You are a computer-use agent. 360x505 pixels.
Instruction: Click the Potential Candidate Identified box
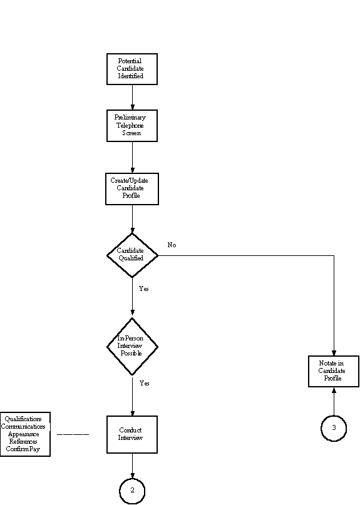tap(132, 69)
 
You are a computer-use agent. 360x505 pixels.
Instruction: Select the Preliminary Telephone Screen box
tap(132, 126)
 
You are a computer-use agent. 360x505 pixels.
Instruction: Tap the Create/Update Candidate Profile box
tap(132, 189)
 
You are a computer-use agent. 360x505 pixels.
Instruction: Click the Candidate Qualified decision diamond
tap(132, 255)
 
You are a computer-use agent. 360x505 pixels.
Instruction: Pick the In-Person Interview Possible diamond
tap(132, 346)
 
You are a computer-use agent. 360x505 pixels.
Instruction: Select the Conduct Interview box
tap(132, 434)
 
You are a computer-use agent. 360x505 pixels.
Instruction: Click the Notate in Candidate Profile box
tap(334, 371)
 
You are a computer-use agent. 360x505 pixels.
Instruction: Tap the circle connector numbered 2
tap(132, 491)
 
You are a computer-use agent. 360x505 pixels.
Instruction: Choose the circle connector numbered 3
tap(334, 429)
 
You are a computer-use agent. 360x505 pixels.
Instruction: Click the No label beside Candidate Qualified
tap(172, 245)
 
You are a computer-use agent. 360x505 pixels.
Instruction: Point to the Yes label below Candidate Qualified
tap(144, 288)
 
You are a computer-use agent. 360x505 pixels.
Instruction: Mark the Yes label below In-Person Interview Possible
tap(145, 383)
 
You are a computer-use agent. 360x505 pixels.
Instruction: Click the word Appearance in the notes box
tap(24, 434)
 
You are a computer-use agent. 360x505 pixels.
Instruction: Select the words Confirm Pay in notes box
tap(23, 449)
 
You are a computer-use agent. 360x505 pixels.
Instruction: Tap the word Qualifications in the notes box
tap(23, 419)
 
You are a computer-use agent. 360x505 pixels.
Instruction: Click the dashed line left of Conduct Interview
tap(73, 434)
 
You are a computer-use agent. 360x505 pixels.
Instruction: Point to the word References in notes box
tap(23, 442)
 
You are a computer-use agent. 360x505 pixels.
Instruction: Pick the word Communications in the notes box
tap(23, 426)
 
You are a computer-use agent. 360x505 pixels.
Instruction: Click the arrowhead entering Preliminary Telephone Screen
tap(132, 107)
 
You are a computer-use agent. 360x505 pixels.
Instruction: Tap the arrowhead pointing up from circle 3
tap(334, 390)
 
